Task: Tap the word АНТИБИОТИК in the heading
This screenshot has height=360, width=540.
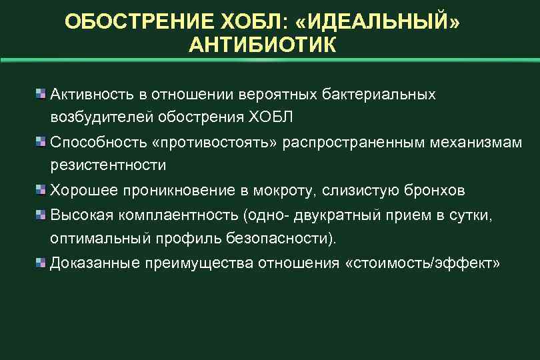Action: (263, 45)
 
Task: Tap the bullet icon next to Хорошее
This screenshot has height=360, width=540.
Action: (41, 191)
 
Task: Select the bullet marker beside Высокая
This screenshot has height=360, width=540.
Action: (41, 215)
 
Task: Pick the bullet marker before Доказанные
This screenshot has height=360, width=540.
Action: (41, 263)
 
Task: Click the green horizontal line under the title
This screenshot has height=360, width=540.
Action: (270, 61)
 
